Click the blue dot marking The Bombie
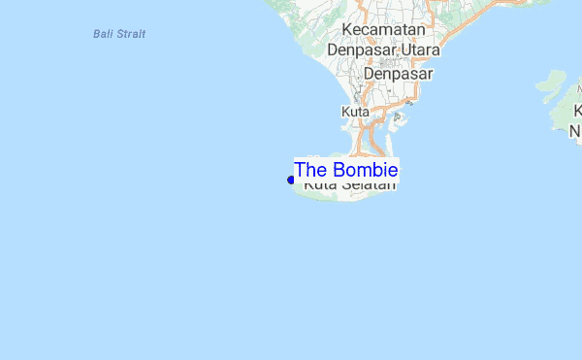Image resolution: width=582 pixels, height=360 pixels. coord(291,180)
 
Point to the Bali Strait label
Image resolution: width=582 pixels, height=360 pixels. coord(119,34)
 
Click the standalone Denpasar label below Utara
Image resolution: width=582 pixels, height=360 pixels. coord(398,73)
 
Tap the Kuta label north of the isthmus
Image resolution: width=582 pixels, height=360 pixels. coord(356,113)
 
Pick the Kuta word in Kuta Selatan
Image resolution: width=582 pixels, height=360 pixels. coord(319,184)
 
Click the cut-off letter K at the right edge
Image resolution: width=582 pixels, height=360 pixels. coord(577,113)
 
